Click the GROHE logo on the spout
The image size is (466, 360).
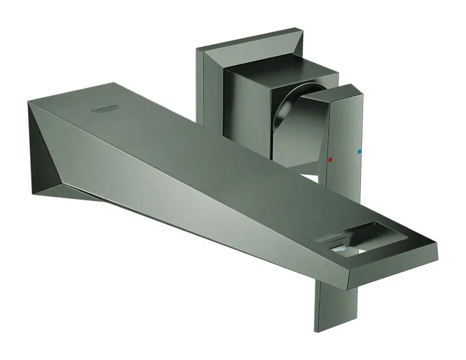click(x=106, y=109)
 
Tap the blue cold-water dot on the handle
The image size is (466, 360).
click(x=359, y=152)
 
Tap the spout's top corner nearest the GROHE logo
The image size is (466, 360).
click(x=114, y=83)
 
